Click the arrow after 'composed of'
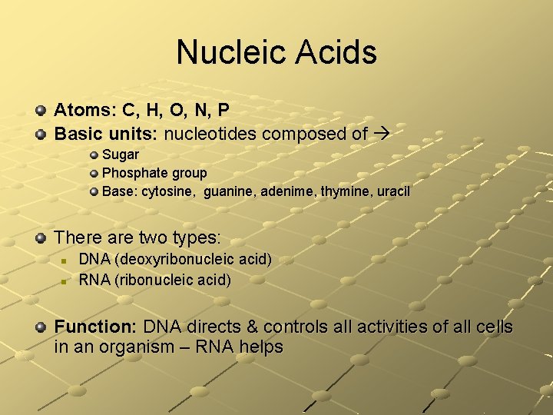pos(382,134)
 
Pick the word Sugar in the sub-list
pos(121,154)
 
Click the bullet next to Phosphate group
pos(94,174)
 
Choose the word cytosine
pos(167,191)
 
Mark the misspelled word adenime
pos(286,191)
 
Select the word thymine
pos(343,191)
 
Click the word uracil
pos(393,191)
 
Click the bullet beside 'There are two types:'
pos(41,237)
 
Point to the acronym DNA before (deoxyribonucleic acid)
pos(94,260)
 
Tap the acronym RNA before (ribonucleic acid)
pos(94,280)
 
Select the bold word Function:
pos(96,327)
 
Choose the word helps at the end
pos(262,347)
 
